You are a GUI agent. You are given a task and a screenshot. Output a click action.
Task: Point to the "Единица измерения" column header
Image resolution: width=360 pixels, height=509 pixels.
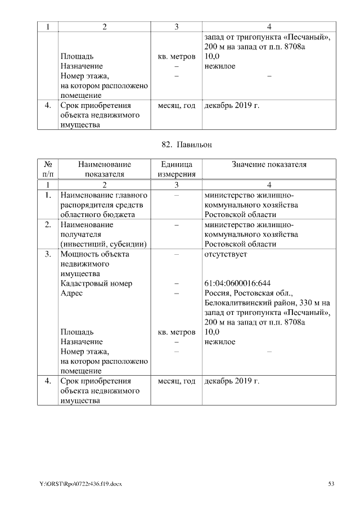(x=176, y=169)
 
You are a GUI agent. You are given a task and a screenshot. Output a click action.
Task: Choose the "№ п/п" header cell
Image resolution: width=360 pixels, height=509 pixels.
(x=48, y=169)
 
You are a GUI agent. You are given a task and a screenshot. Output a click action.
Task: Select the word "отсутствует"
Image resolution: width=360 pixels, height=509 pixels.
(x=226, y=254)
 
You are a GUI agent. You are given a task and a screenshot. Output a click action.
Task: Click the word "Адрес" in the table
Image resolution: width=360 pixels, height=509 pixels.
(x=71, y=293)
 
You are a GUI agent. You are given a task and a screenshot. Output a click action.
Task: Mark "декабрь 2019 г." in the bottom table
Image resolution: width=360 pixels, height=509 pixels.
(x=232, y=381)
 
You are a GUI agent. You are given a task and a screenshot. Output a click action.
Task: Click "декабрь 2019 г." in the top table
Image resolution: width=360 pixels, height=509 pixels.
(x=232, y=105)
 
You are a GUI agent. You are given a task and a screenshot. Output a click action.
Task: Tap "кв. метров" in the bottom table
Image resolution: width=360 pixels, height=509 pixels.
(x=176, y=332)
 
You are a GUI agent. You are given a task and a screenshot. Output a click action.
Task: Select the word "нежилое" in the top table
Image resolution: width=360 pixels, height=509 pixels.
(x=220, y=66)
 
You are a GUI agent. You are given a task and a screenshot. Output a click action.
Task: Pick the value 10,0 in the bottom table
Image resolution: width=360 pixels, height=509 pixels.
(x=211, y=332)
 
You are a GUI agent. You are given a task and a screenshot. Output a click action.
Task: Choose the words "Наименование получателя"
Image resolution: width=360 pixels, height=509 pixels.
(x=87, y=229)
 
